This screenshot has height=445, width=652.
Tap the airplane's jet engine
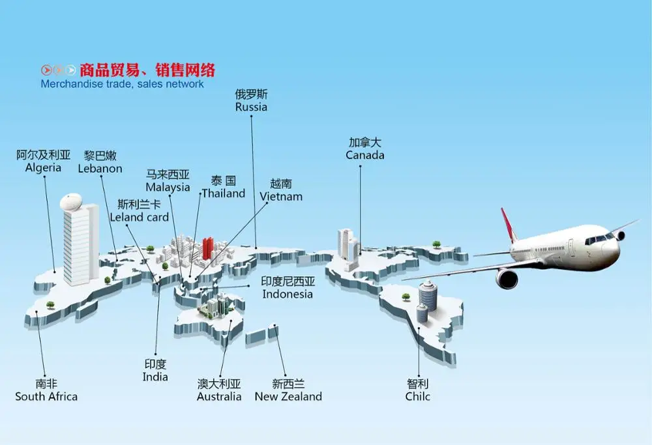tap(507, 278)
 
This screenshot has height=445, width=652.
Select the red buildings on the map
tap(208, 248)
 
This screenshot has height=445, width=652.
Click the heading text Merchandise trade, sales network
tap(122, 84)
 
